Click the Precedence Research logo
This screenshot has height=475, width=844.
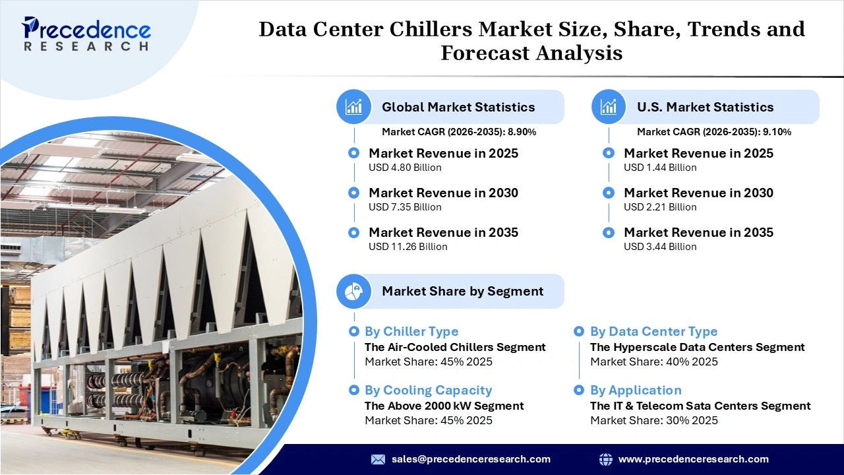(86, 34)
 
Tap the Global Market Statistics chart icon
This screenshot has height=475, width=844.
(354, 107)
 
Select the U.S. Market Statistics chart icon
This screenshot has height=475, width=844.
(609, 107)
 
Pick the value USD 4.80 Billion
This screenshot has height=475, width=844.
(405, 168)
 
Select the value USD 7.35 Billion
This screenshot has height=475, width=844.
(405, 207)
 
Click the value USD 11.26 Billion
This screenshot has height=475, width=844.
(407, 247)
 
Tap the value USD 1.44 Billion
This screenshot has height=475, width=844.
(660, 168)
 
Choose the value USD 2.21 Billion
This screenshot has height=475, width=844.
(660, 207)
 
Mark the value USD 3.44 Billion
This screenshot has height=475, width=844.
(660, 247)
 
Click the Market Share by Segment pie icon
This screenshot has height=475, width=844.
(354, 291)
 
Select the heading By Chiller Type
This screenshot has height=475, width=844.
(411, 332)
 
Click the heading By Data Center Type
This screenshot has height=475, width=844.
(653, 332)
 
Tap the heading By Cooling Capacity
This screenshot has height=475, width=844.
(428, 391)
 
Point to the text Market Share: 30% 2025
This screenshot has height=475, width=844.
(653, 420)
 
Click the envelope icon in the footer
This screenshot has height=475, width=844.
(378, 459)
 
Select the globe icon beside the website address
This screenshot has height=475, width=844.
(605, 459)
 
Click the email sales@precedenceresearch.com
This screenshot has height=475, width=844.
(471, 459)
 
